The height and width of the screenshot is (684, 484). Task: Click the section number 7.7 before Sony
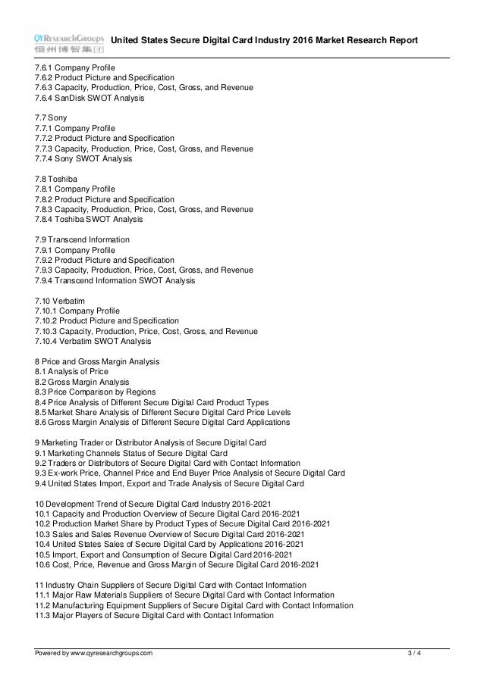(41, 118)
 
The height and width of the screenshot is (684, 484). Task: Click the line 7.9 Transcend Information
(82, 239)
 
